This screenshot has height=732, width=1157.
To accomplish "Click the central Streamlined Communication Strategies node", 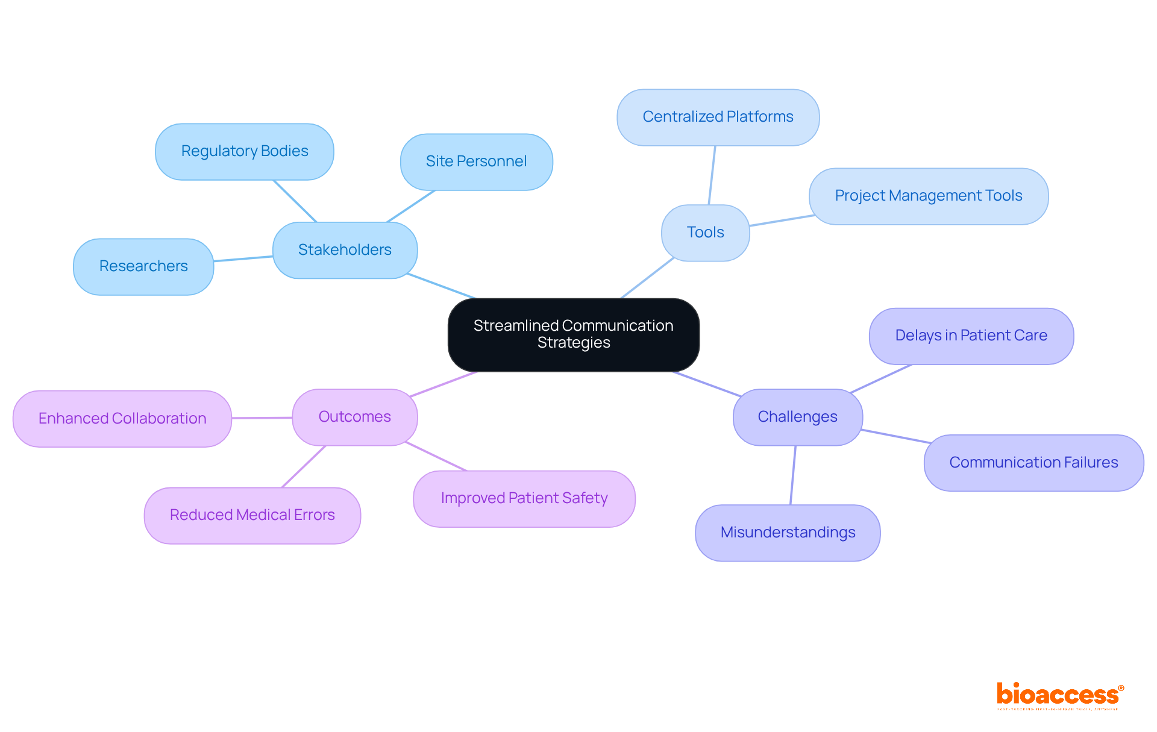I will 573,334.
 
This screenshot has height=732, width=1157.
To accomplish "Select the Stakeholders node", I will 345,250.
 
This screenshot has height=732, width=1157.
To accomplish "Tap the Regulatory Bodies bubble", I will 244,151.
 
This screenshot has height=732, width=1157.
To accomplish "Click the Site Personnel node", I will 476,161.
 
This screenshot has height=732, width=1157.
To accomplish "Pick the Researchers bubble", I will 143,266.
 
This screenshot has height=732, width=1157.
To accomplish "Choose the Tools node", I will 705,233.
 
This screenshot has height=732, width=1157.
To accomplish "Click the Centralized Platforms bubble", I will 718,117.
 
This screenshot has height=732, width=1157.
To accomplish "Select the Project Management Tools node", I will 928,196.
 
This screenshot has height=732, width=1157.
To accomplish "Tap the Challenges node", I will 797,417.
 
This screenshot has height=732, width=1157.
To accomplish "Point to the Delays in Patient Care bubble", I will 971,336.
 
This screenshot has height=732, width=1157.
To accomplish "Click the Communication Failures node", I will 1033,463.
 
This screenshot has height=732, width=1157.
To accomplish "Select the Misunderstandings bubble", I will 788,533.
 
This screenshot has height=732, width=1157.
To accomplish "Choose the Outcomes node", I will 354,417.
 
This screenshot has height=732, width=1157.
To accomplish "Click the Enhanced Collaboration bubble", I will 122,419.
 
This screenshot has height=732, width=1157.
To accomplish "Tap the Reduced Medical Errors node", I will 252,515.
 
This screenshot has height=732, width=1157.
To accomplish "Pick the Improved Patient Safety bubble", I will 524,498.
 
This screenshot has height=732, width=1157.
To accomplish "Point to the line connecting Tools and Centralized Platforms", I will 712,175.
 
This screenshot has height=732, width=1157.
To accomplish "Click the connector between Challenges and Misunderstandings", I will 793,475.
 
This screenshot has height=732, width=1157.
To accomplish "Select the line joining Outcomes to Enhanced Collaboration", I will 262,418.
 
